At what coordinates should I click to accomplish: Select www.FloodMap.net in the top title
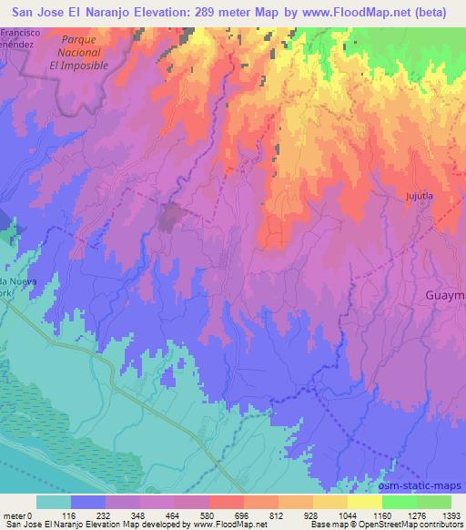tap(349, 11)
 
